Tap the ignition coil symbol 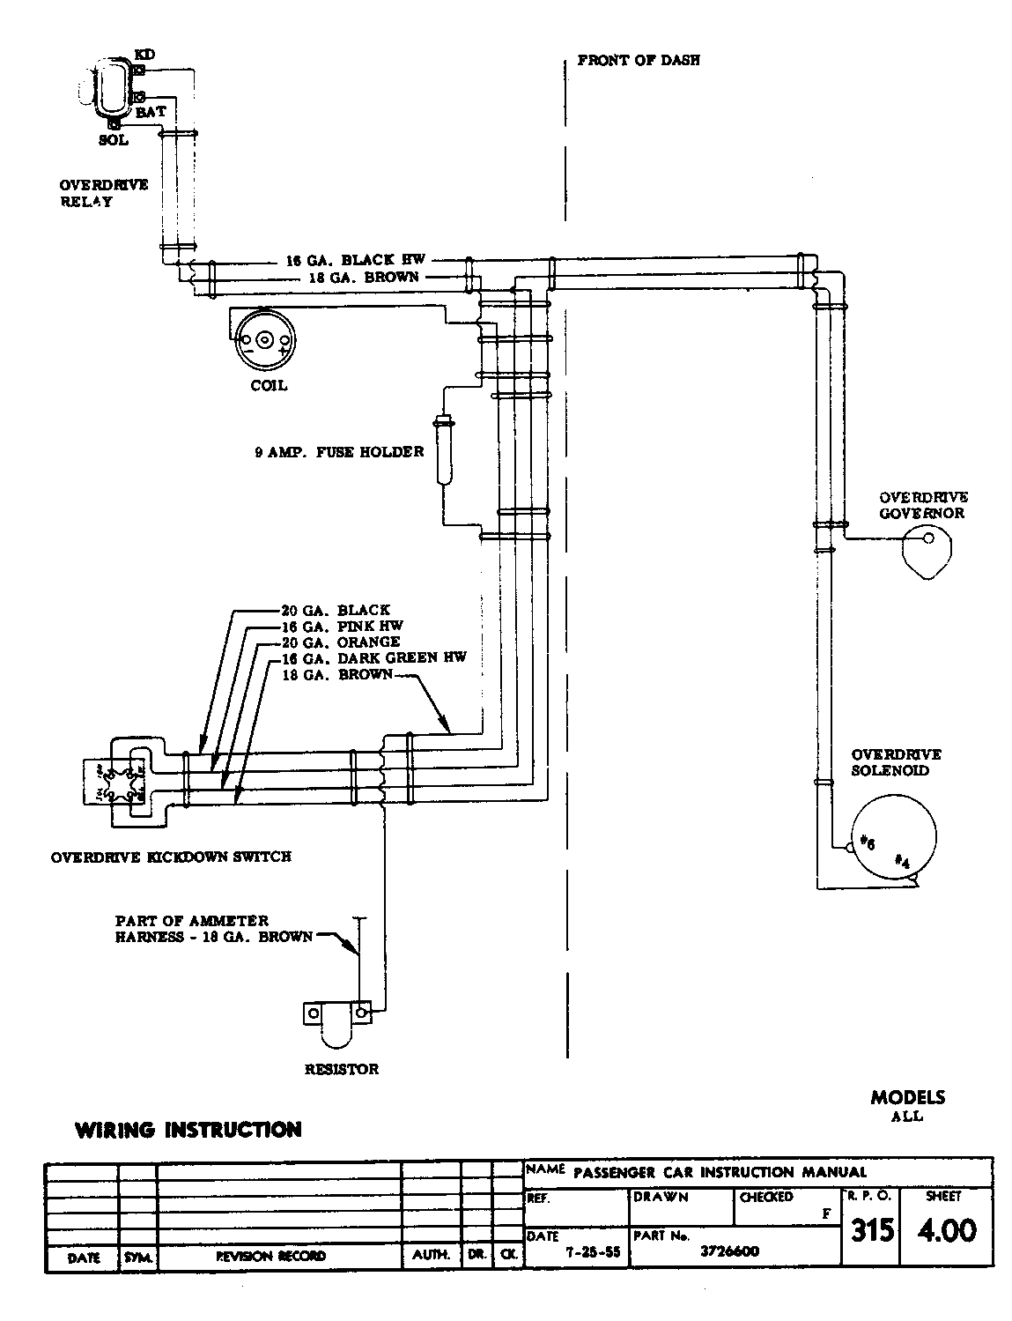[x=264, y=340]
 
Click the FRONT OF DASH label [x=639, y=62]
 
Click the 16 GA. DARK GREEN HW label [x=373, y=657]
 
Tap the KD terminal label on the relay [x=144, y=55]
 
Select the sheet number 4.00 [x=947, y=1230]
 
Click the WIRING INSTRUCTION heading [x=188, y=1130]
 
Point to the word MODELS [x=907, y=1098]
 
